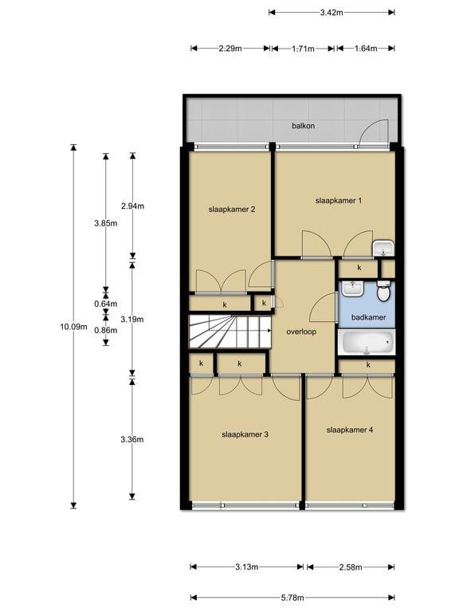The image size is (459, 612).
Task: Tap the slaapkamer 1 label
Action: [339, 200]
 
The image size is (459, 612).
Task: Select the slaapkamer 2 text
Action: [231, 210]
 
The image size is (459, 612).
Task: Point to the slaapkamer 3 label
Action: [245, 434]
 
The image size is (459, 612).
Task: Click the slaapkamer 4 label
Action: [349, 430]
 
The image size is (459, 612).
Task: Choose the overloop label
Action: [301, 331]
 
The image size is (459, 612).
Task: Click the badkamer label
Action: [367, 317]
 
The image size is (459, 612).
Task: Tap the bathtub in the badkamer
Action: [367, 343]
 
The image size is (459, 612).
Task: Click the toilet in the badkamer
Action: [383, 293]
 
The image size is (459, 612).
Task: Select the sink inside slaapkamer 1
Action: [384, 247]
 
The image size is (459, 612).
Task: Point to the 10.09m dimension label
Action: [73, 326]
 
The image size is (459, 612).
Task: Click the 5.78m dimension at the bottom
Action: [292, 596]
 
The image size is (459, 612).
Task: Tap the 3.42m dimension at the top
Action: [331, 12]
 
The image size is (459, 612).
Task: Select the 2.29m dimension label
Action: [230, 49]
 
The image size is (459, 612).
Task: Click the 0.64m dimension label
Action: [105, 303]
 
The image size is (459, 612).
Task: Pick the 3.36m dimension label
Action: [132, 439]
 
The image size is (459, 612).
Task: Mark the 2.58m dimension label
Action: [350, 567]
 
